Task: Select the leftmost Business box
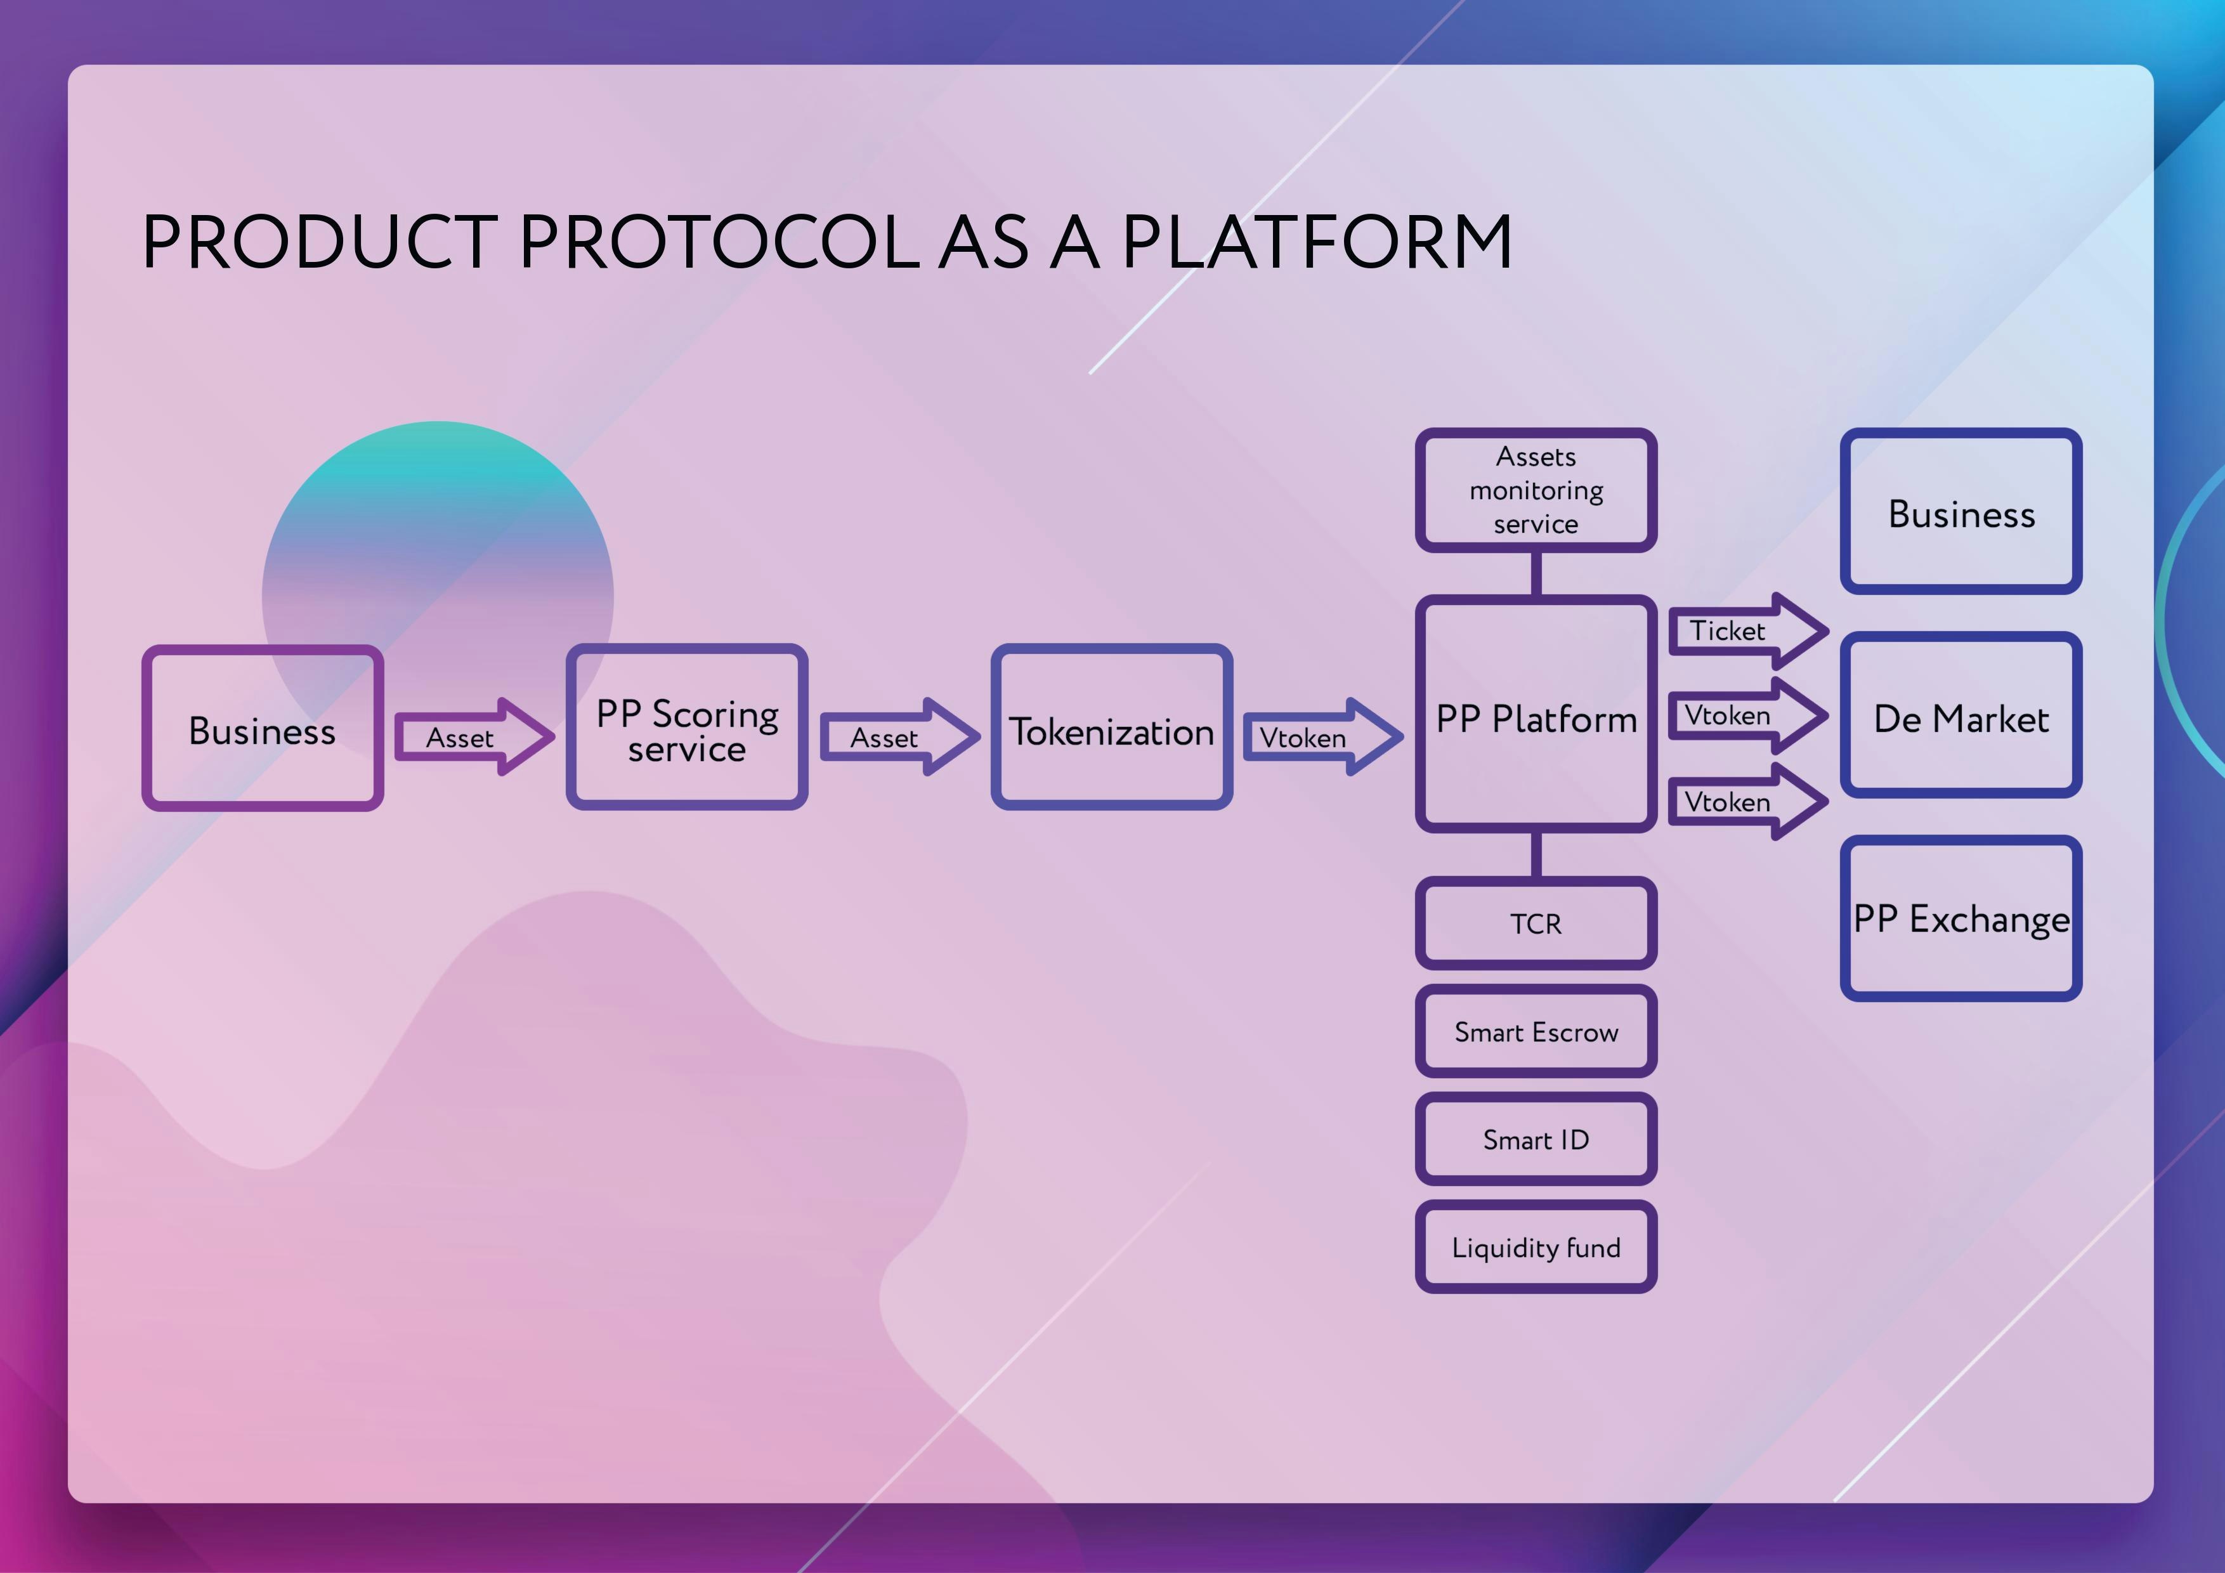click(263, 728)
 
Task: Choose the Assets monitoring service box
click(1536, 490)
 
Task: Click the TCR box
click(1536, 923)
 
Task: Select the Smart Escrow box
click(1536, 1031)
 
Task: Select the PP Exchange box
click(1961, 918)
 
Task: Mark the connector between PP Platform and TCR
click(1536, 854)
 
